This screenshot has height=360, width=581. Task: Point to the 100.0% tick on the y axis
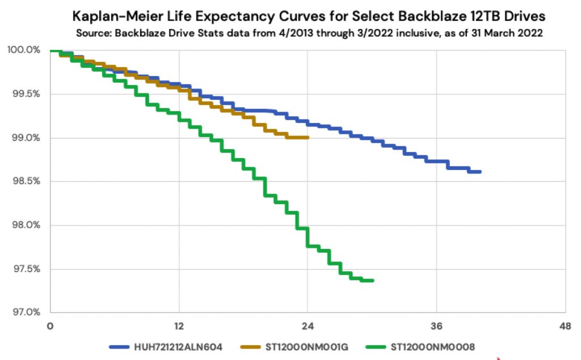24,50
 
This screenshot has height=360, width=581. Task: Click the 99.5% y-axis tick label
24,94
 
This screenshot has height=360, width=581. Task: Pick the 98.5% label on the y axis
24,181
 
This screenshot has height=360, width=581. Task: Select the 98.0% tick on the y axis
24,225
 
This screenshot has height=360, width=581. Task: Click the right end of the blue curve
480,172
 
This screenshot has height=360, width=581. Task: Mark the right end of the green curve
373,281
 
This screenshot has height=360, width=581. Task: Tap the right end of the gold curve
308,137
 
